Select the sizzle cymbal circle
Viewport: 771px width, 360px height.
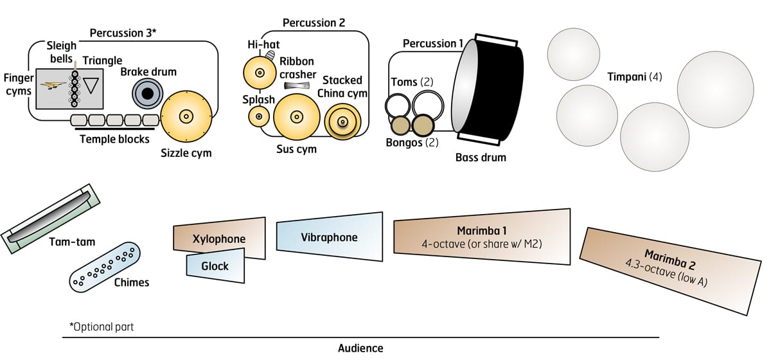tap(186, 116)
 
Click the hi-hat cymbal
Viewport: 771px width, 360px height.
tap(260, 74)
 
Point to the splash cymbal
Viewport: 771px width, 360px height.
tap(259, 116)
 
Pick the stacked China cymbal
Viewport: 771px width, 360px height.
tap(342, 120)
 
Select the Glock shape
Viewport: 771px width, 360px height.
tap(215, 265)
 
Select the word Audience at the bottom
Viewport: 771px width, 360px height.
tap(360, 348)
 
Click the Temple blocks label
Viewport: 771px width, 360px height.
tap(113, 138)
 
